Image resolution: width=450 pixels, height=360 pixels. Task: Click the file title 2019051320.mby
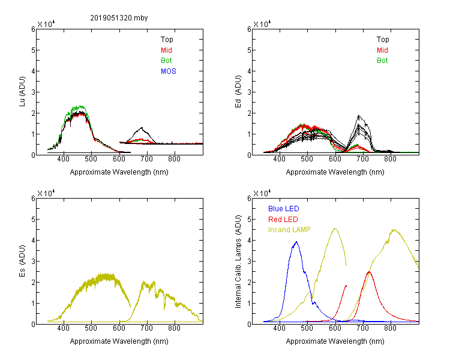point(119,18)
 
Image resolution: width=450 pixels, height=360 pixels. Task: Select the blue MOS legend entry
point(169,71)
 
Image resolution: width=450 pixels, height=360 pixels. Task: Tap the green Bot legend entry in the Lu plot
point(166,61)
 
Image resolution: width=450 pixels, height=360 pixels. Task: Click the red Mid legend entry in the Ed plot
point(382,50)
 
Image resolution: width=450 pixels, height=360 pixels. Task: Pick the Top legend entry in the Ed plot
point(383,40)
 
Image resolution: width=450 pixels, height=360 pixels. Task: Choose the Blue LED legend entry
point(284,209)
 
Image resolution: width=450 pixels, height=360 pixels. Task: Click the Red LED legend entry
point(283,220)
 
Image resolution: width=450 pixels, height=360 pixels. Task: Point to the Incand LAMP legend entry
point(289,230)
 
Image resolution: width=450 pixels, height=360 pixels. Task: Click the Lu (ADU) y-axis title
point(22,92)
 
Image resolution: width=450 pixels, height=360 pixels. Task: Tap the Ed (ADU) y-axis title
point(238,92)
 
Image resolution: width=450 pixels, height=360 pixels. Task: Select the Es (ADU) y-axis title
point(22,261)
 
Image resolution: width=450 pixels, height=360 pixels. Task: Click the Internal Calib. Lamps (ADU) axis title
point(238,261)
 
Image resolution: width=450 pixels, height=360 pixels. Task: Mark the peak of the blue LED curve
point(296,242)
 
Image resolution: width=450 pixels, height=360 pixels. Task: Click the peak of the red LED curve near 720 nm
point(369,272)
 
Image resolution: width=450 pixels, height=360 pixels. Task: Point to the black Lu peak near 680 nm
point(142,127)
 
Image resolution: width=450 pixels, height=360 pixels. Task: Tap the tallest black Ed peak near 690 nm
point(358,115)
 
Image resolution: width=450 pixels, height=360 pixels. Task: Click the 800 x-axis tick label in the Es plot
point(174,328)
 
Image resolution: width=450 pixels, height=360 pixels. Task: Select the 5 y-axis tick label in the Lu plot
point(33,50)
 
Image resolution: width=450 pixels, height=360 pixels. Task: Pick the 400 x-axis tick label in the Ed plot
point(280,159)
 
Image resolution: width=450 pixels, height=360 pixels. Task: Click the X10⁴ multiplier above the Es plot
point(46,193)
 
